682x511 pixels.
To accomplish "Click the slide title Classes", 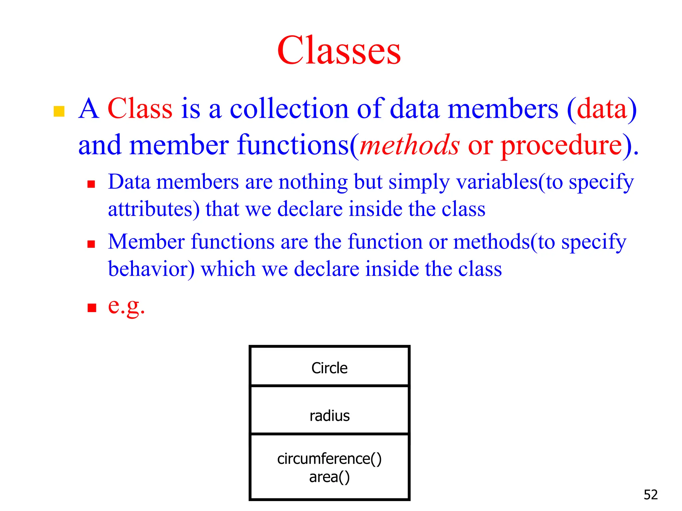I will click(x=339, y=51).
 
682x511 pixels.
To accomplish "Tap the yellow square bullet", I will click(x=59, y=111).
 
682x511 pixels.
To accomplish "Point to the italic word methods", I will click(x=410, y=145).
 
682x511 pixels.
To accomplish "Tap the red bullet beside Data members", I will click(x=91, y=184).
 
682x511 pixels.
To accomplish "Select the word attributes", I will click(x=154, y=209).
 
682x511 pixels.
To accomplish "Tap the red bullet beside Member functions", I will click(x=91, y=244).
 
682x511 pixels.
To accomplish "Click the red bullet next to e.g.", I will click(x=92, y=308).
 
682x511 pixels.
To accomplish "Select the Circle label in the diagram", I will click(x=329, y=368).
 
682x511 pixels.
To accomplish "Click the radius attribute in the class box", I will click(x=330, y=416).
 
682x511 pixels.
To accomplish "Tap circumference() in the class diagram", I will click(x=329, y=459).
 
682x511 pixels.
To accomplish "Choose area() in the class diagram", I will click(x=329, y=477).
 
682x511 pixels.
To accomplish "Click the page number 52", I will click(x=651, y=495).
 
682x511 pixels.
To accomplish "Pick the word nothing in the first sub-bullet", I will click(x=313, y=182).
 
